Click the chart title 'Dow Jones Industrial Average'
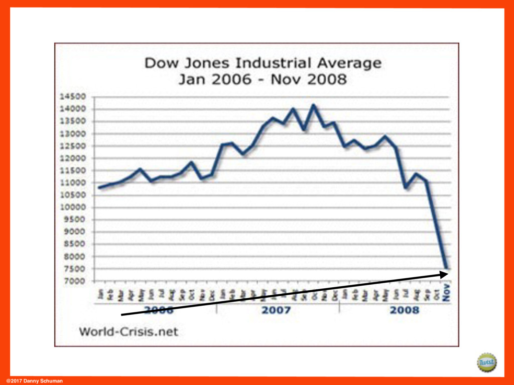[x=263, y=64]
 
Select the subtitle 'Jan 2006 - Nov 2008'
[x=263, y=79]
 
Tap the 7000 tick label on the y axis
[x=82, y=281]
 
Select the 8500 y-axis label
[x=82, y=245]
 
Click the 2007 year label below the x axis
[x=276, y=310]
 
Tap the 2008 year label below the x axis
[x=404, y=310]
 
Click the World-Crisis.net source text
[x=128, y=332]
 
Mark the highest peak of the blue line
[x=314, y=105]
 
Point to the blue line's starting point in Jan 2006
[x=99, y=188]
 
